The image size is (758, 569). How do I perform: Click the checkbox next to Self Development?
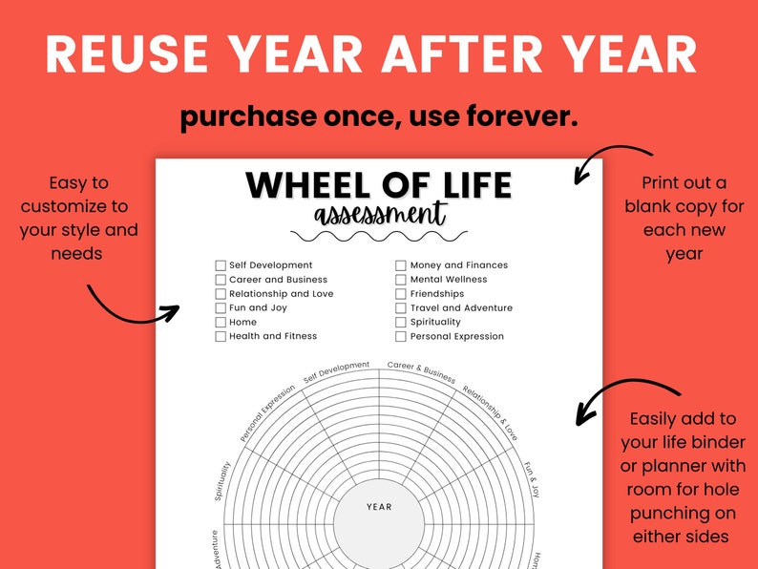click(x=221, y=265)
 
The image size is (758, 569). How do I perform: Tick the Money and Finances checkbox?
click(x=402, y=265)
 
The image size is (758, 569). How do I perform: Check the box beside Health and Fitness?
click(x=221, y=337)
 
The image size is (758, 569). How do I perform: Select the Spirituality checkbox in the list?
click(x=402, y=323)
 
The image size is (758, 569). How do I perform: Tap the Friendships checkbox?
click(x=402, y=294)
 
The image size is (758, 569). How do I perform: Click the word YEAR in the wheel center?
click(x=379, y=507)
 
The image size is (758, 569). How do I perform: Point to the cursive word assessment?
click(x=379, y=214)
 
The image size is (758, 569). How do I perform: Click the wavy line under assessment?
click(x=379, y=235)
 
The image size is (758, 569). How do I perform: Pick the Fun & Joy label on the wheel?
click(x=532, y=479)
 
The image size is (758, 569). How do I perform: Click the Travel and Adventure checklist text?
click(x=461, y=308)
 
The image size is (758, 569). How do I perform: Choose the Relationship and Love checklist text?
click(x=282, y=294)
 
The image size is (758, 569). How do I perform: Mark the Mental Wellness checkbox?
click(x=402, y=280)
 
